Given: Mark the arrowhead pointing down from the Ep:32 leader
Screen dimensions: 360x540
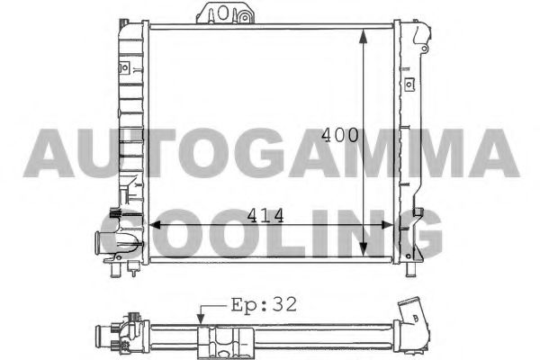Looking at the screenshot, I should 202,318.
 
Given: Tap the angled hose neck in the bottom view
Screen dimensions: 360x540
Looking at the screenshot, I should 416,319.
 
